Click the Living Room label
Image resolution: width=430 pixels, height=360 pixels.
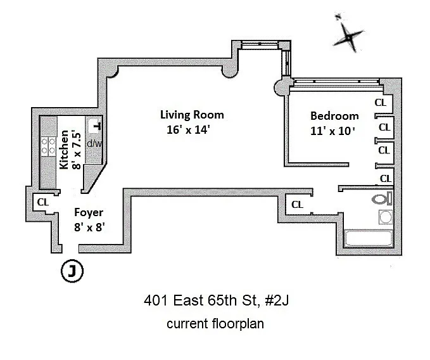[191, 115]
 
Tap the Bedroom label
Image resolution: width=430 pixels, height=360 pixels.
[334, 116]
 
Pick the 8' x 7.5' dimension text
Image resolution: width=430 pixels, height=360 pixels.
[75, 150]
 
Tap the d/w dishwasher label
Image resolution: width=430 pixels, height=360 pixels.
[94, 143]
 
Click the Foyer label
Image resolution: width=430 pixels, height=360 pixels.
[88, 213]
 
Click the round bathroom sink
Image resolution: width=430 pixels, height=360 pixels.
[385, 219]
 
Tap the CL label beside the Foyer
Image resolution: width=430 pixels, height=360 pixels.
[43, 202]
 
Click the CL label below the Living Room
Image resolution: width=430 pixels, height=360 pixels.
[297, 205]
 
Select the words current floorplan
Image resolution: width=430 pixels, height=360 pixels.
[215, 324]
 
